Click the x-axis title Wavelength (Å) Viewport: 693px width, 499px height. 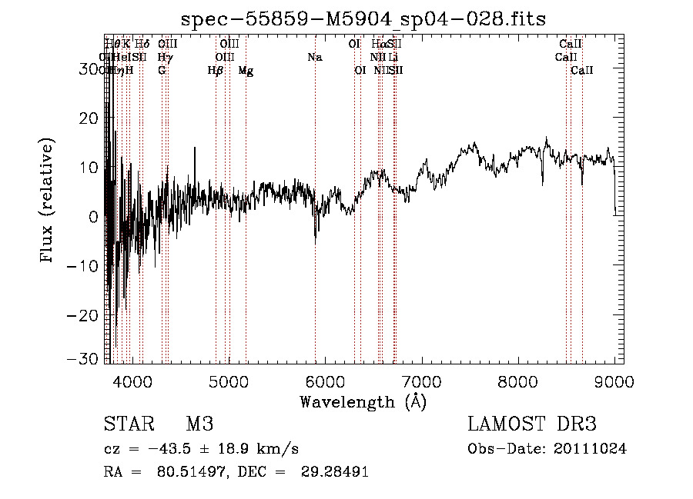point(363,401)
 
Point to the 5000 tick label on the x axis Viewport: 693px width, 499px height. point(227,381)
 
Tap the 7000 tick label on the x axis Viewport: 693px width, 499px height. point(420,381)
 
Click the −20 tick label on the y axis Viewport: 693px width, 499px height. point(85,316)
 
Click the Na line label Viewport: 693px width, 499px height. point(314,58)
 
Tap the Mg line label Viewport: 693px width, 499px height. point(246,71)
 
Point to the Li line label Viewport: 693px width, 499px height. point(393,58)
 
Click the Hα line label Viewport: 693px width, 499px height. point(378,45)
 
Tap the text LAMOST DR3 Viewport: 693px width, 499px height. point(532,424)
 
